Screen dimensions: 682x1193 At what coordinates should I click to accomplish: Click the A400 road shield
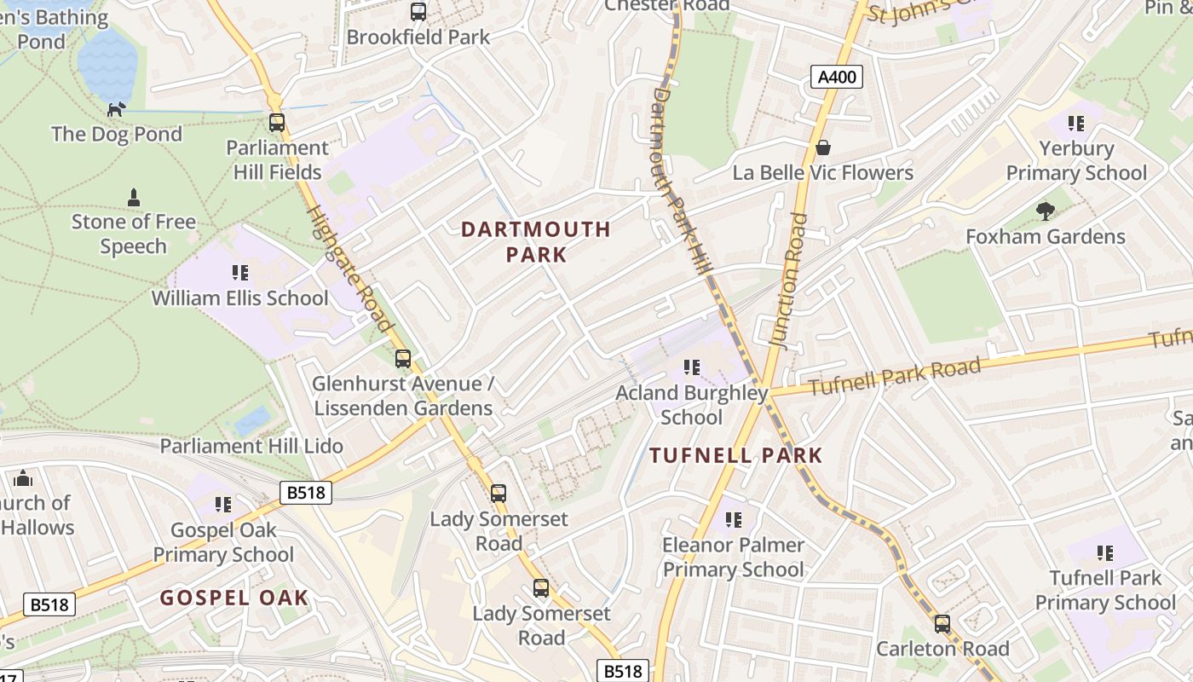click(836, 78)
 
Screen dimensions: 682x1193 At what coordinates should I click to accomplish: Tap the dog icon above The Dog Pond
click(117, 108)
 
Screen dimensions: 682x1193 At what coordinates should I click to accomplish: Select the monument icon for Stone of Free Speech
click(133, 197)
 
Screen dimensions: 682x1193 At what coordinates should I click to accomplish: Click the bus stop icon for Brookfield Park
click(418, 12)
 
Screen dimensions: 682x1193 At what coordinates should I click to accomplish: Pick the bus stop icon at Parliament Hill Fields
click(277, 123)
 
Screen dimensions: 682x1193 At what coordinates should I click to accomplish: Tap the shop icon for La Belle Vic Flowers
click(823, 147)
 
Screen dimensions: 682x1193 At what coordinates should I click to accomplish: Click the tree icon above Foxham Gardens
click(1046, 211)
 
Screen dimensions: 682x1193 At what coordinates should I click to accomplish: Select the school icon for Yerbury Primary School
click(1076, 124)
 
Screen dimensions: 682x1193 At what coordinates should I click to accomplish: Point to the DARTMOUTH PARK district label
click(536, 241)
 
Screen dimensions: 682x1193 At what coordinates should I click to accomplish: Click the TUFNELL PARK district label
click(736, 455)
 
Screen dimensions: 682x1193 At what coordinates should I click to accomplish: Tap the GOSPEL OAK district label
click(234, 598)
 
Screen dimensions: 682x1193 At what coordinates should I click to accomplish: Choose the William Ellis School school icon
click(240, 273)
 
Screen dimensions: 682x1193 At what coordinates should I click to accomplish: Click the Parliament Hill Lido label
click(251, 446)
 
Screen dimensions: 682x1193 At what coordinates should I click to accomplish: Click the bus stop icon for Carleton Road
click(942, 624)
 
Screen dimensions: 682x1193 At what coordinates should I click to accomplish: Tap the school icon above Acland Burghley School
click(692, 367)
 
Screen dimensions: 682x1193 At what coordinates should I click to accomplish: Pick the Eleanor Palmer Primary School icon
click(734, 519)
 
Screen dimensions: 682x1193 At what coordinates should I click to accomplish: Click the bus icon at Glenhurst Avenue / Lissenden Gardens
click(403, 359)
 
